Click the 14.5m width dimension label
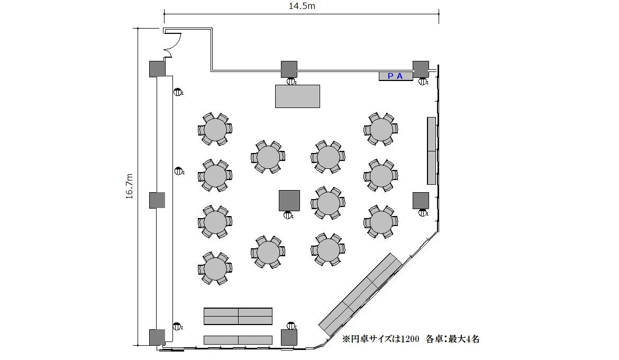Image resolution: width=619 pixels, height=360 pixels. [302, 6]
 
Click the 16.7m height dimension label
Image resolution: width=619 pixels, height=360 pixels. [130, 186]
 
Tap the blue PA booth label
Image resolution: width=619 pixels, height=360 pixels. [395, 76]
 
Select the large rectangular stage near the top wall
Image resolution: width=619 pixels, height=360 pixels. [298, 96]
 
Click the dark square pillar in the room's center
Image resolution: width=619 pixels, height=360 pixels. [289, 201]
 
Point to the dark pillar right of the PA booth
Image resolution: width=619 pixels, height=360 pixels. [421, 69]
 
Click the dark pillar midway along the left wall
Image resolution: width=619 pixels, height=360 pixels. [157, 200]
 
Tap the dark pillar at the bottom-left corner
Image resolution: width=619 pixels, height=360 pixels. [157, 337]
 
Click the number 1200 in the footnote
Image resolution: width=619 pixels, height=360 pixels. [410, 339]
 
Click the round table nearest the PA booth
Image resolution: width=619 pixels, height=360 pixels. [381, 129]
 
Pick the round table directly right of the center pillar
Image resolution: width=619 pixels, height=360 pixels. [328, 203]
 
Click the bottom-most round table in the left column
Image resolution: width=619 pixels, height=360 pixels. [215, 268]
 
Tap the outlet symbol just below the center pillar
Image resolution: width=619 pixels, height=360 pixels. [288, 215]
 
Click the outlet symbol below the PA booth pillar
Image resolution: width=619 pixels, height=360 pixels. [423, 82]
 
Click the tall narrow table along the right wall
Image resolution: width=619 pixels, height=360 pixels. [432, 150]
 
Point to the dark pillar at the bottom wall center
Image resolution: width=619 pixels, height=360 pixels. [289, 337]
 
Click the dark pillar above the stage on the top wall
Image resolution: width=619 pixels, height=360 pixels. [289, 69]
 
